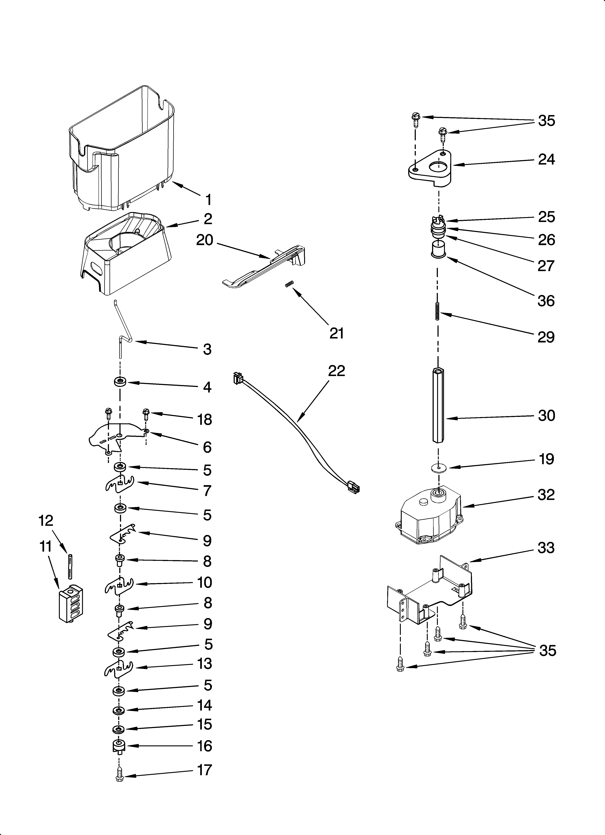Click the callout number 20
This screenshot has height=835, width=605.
[205, 240]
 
